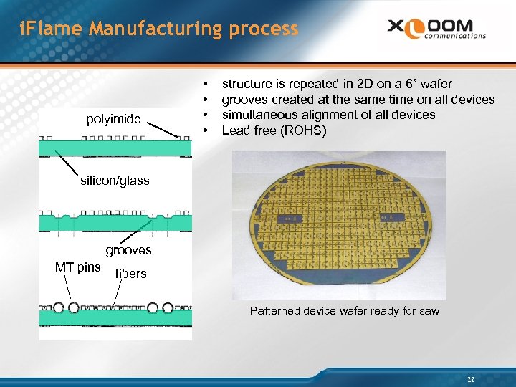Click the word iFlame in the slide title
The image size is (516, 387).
(x=44, y=29)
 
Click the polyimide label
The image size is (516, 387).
(x=113, y=119)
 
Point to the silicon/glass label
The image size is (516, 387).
(x=115, y=181)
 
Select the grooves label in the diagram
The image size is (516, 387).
(x=129, y=250)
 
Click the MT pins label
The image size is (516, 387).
(x=77, y=267)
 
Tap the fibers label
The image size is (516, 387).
(x=130, y=273)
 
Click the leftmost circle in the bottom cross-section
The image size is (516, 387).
(x=57, y=309)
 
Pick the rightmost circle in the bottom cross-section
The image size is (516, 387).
(x=168, y=309)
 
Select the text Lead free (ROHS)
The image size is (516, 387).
(x=274, y=130)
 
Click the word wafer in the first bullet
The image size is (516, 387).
(x=436, y=84)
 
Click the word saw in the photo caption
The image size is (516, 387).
(x=428, y=310)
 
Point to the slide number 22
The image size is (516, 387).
(x=471, y=379)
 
